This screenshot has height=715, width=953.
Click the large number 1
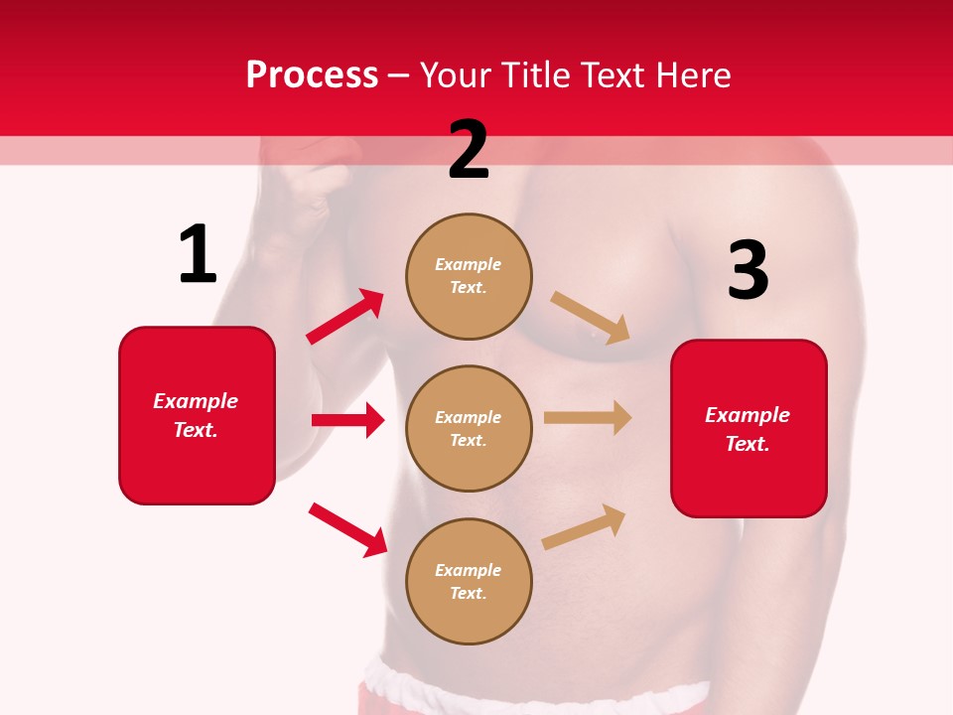click(x=198, y=255)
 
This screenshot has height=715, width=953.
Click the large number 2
click(x=469, y=151)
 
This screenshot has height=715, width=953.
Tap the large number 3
click(x=748, y=271)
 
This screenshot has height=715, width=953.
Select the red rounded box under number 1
click(x=197, y=415)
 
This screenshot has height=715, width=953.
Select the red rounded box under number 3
click(x=749, y=429)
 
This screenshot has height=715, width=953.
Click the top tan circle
click(x=469, y=276)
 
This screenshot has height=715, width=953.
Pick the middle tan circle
click(x=469, y=428)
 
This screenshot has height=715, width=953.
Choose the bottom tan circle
click(x=469, y=581)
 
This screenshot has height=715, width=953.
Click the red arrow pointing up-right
click(x=345, y=317)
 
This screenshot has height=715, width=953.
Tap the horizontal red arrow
click(x=347, y=420)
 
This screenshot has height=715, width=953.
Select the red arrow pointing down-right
click(x=348, y=529)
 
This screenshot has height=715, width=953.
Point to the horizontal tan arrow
click(x=588, y=418)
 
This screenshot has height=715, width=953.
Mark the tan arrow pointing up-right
click(x=585, y=526)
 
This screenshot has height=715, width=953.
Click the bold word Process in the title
click(x=312, y=74)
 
